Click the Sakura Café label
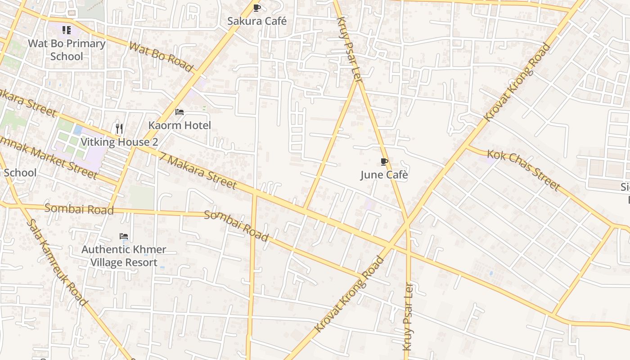pos(256,21)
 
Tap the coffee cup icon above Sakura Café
pos(256,8)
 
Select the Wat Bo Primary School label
pos(67,50)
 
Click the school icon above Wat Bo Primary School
pos(67,30)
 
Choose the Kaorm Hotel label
pos(180,125)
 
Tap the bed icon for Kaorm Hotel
pos(180,112)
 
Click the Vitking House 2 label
pos(119,142)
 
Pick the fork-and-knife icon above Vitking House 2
pos(119,129)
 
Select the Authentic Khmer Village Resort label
pos(124,256)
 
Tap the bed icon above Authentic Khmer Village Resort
pos(124,236)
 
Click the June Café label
pos(384,175)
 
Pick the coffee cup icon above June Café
pos(384,162)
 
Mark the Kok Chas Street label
pos(523,170)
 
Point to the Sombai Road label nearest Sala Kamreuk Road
pos(79,209)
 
